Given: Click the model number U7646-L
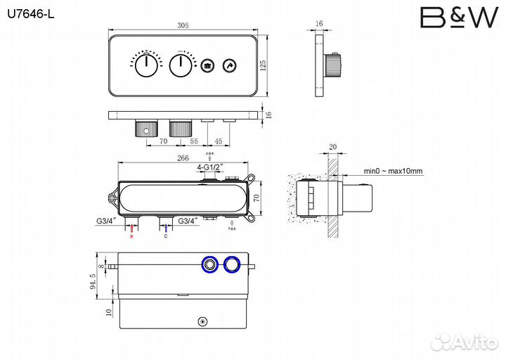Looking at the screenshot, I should click(x=30, y=13).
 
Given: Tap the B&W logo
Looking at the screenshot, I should click(x=459, y=18).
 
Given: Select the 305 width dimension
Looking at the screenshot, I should click(x=183, y=25).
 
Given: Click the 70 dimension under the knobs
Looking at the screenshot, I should click(x=163, y=141).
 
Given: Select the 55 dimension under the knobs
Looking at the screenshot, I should click(x=193, y=141).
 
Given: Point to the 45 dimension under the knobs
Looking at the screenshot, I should click(x=219, y=141).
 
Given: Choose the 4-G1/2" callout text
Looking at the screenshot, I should click(x=210, y=167).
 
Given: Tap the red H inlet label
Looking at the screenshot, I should click(x=131, y=236).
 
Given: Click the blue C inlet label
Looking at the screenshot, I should click(x=166, y=236).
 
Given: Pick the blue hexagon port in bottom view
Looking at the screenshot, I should click(x=231, y=264).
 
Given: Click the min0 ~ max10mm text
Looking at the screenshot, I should click(x=393, y=171).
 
